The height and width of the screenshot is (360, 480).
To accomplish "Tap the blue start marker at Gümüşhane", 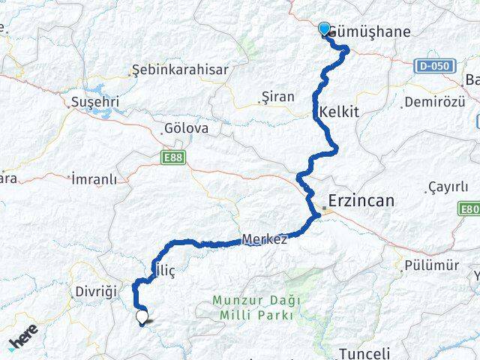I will tap(324, 29).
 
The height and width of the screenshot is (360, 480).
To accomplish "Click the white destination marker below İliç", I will tap(142, 317).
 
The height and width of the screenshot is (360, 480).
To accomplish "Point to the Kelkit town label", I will tap(339, 111).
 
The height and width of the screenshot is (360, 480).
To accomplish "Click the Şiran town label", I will tap(277, 97).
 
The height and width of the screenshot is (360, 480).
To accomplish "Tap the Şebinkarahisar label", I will tap(169, 69).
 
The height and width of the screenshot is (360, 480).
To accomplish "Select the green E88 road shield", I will tap(172, 157).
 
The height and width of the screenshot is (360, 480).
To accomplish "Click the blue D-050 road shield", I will tap(434, 66).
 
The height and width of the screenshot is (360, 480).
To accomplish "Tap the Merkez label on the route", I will tap(264, 239).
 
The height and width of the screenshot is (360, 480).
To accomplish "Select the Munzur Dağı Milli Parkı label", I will tap(256, 307).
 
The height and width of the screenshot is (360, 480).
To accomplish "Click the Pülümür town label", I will tap(430, 265).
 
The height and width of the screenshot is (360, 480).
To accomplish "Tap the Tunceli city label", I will tap(364, 353).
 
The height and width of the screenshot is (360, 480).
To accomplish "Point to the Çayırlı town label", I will tap(447, 187).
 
